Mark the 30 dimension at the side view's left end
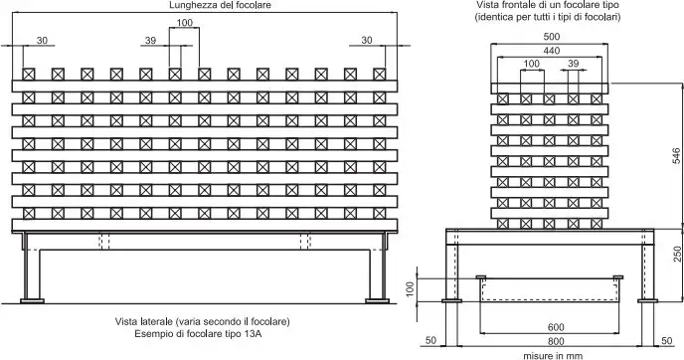point(42,40)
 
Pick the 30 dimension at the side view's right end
point(367,40)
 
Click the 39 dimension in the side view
point(150,40)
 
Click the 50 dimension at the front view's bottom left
point(431,342)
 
